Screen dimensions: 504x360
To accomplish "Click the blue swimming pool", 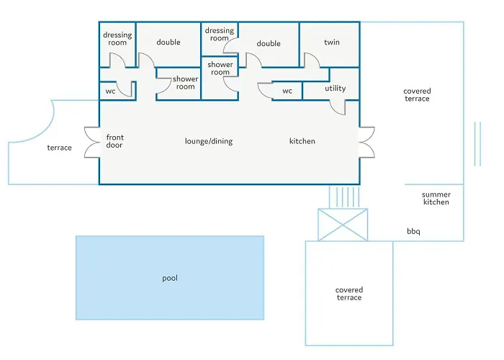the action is coord(170,278).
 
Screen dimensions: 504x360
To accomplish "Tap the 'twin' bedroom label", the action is coord(332,42).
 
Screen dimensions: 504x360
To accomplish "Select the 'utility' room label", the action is coord(336,89).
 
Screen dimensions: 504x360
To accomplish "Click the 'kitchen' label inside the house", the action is coord(302,141).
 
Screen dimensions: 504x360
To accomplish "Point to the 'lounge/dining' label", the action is coord(209,141).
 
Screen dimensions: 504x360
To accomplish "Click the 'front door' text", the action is coord(114,141).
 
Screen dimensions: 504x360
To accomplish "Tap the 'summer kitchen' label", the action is coord(436,198).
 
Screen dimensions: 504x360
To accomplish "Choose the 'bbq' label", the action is coord(413,231).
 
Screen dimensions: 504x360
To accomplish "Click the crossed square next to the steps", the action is coord(343,225).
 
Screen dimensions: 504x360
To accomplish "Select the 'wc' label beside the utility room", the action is coord(287,91).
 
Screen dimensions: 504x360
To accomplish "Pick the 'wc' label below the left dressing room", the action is coord(110,91).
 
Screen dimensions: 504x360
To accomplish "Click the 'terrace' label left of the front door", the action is coord(60,148).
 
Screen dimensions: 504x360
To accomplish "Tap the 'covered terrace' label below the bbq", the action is coord(349,294).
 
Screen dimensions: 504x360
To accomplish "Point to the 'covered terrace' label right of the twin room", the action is coord(417,95).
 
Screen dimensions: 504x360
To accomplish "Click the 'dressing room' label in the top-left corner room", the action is coord(117,39).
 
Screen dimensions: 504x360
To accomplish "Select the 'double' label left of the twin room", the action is coord(269,43).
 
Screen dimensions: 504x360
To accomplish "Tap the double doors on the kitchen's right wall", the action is coord(366,143).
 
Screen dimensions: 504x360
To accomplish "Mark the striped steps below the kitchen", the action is coord(344,197).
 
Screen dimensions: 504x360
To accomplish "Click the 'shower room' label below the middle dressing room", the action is coord(220,68).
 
